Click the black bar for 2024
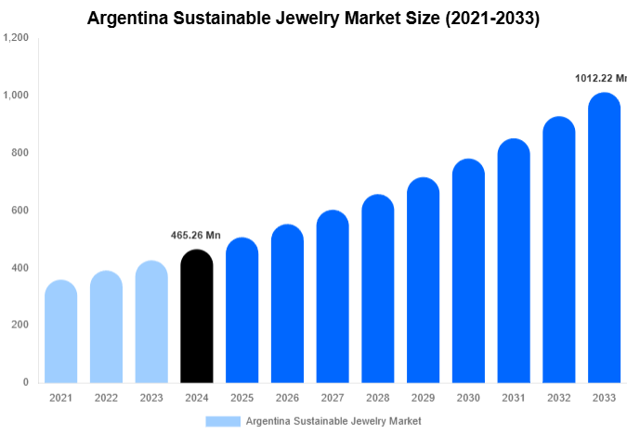(196, 317)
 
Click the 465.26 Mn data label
(196, 236)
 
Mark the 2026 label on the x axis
(287, 398)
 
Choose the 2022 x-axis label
(106, 398)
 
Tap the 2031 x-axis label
(514, 398)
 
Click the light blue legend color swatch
(223, 421)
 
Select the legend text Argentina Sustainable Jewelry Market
(333, 421)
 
